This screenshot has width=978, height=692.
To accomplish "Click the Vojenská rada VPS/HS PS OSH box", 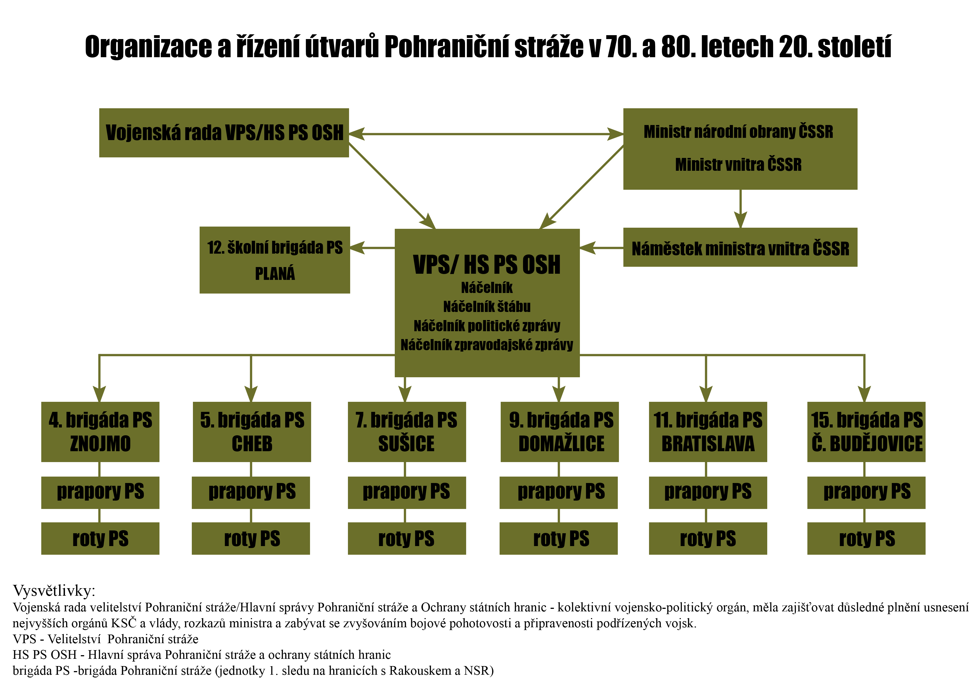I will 224,133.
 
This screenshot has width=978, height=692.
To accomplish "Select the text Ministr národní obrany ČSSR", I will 738,132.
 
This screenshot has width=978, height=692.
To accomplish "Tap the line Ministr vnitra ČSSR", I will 738,165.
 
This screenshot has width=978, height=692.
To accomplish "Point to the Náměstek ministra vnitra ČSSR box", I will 740,248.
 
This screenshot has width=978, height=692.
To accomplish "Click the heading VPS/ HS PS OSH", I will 486,265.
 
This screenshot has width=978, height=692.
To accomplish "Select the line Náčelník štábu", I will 486,307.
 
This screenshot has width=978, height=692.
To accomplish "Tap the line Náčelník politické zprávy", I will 486,326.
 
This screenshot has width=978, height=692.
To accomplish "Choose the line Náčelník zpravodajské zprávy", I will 486,345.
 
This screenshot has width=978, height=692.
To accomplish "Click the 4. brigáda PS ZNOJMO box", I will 101,431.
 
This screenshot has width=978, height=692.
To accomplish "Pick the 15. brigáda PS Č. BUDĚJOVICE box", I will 866,431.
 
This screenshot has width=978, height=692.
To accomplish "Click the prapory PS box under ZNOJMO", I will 101,492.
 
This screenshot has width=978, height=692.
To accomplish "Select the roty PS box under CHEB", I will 251,539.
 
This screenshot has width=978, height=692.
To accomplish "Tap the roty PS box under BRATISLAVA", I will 708,539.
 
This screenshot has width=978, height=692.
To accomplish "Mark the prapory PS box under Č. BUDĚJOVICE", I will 866,492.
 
